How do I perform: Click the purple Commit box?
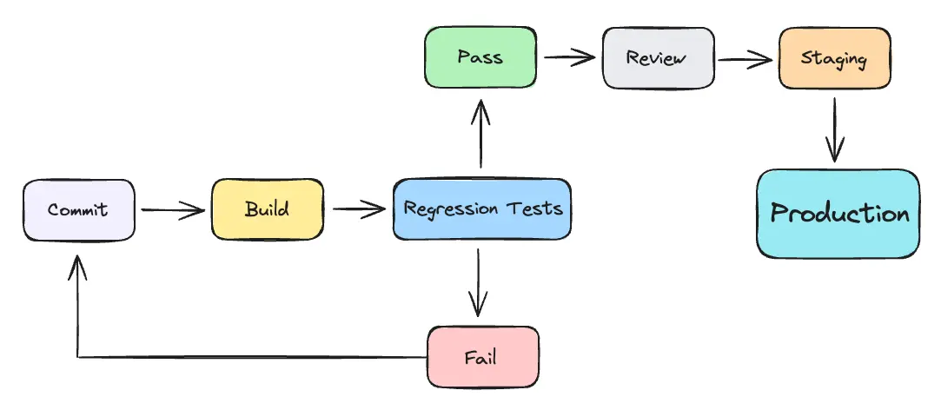coord(78,209)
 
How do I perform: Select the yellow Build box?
coord(267,209)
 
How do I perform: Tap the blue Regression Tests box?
coord(482,209)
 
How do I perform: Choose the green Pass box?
coord(480,58)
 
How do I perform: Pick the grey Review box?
coord(658,58)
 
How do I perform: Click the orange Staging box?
coord(834,58)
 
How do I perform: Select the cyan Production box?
coord(838,214)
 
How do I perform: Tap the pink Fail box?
coord(483,357)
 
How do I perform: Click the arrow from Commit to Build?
coord(172,209)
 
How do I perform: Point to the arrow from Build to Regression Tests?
coord(358,209)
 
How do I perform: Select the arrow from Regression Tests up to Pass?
coord(480,135)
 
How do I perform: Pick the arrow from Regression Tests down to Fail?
coord(477,282)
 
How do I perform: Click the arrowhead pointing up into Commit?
coord(78,262)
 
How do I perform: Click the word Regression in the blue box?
coord(451,209)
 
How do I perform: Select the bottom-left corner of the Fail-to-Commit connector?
coord(78,357)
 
